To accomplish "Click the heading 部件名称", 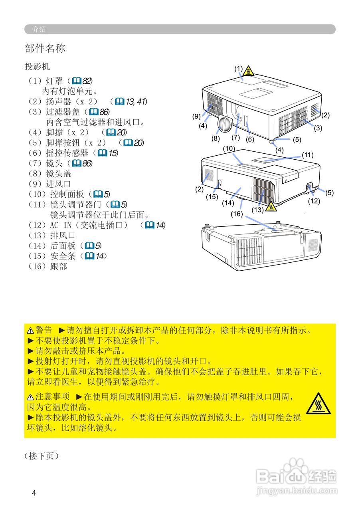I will pyautogui.click(x=45, y=49).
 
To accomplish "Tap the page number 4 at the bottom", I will pyautogui.click(x=34, y=493).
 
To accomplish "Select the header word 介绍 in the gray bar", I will pyautogui.click(x=39, y=29).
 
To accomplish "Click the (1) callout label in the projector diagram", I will pyautogui.click(x=238, y=68).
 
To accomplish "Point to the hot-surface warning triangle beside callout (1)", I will pyautogui.click(x=249, y=71).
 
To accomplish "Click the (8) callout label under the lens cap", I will pyautogui.click(x=216, y=139).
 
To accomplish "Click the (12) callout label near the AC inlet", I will pyautogui.click(x=314, y=201).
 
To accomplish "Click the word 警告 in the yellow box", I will pyautogui.click(x=44, y=330).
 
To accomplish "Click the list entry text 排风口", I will pyautogui.click(x=63, y=236).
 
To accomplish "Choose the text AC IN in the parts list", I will pyautogui.click(x=61, y=225).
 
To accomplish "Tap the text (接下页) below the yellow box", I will pyautogui.click(x=42, y=456).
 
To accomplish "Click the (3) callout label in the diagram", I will pyautogui.click(x=318, y=128).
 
